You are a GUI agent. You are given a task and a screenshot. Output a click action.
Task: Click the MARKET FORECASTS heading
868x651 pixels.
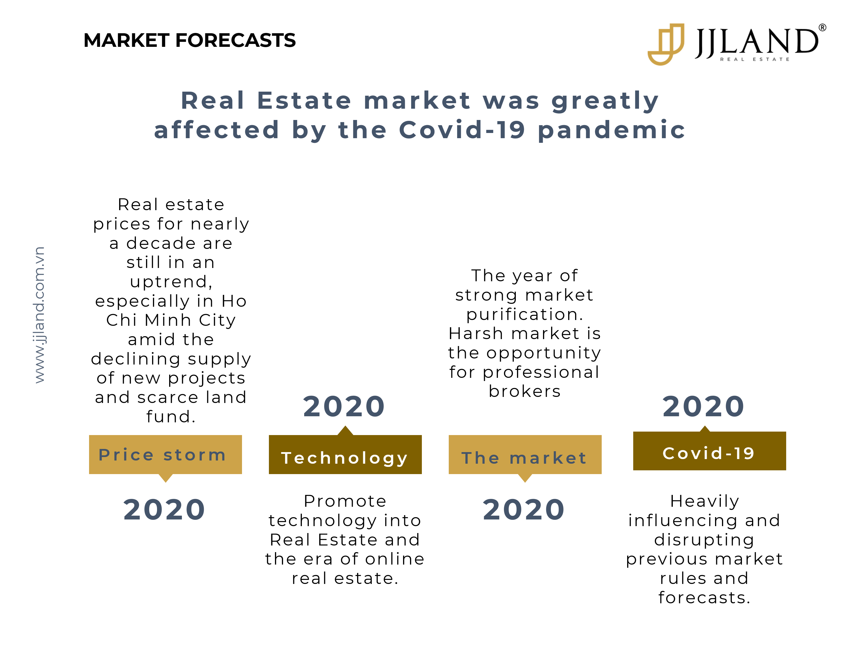(x=190, y=40)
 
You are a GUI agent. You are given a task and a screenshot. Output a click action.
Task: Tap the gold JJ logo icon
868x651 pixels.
(x=666, y=44)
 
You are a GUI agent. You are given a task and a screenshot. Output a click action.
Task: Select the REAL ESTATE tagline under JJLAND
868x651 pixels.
(x=755, y=59)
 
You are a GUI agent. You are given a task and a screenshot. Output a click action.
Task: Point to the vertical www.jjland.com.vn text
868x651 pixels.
(x=40, y=315)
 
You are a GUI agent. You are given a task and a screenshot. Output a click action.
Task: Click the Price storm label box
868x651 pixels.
(x=165, y=454)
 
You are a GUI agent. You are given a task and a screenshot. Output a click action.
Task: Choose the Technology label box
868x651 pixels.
(x=345, y=454)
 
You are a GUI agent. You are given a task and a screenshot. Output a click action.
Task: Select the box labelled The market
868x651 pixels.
(x=525, y=454)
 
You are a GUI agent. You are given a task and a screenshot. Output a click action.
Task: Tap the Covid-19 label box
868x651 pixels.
(x=710, y=451)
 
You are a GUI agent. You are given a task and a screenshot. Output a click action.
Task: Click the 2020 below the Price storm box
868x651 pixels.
(x=165, y=510)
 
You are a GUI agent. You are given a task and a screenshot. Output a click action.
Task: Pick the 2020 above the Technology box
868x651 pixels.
(x=344, y=406)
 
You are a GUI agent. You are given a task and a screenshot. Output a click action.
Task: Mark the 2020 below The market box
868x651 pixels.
(x=524, y=510)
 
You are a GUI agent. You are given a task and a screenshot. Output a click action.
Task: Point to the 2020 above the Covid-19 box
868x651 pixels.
(x=703, y=406)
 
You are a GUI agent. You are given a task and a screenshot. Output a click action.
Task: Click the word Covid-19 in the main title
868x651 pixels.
(x=462, y=130)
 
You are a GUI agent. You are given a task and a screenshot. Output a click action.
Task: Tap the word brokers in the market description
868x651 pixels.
(x=525, y=391)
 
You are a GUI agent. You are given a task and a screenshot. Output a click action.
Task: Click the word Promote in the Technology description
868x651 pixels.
(x=345, y=501)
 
